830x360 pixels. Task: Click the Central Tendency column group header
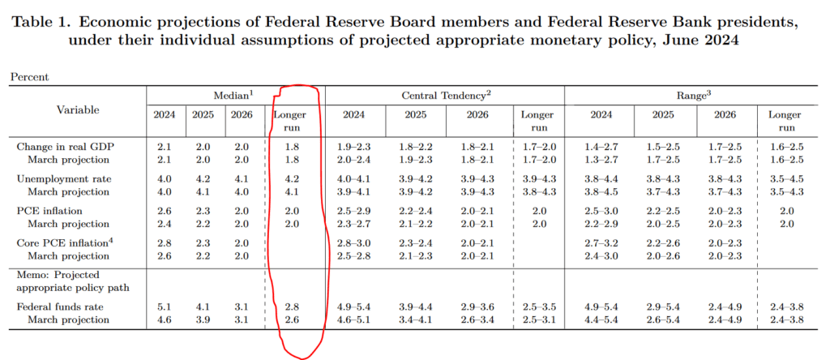[445, 94]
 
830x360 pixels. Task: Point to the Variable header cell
[78, 109]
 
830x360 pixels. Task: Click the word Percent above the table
[29, 76]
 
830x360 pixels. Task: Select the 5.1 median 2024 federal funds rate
[165, 307]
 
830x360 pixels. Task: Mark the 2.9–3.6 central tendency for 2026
[477, 307]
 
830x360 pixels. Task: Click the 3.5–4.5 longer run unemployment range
[785, 178]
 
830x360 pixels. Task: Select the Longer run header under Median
[290, 121]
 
